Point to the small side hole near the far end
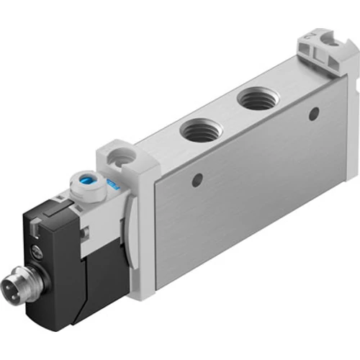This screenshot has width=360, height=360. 312,114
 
